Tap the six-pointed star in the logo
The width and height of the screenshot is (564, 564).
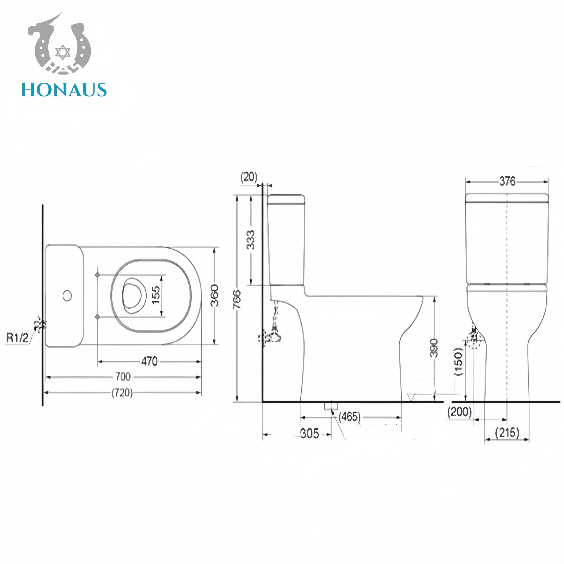pos(63,52)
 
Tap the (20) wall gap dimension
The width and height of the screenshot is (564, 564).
pos(249,177)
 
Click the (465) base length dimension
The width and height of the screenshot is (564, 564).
pos(349,417)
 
